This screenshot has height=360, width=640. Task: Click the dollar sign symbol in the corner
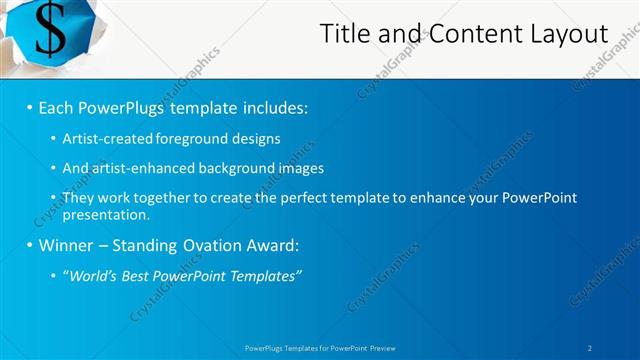[x=50, y=32]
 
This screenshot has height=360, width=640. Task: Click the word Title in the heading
[x=342, y=33]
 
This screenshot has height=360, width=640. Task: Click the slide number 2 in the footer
[x=590, y=347]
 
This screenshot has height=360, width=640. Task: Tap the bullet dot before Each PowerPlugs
[x=31, y=107]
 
